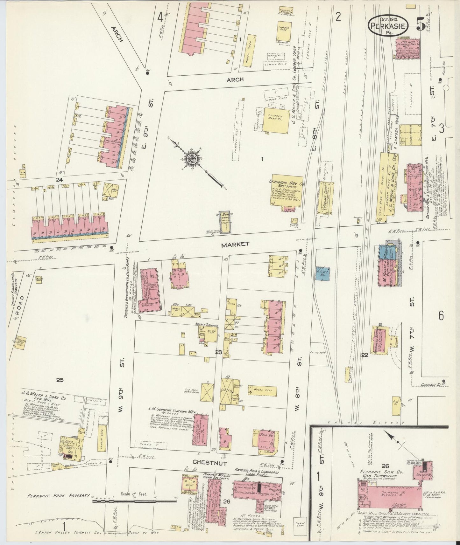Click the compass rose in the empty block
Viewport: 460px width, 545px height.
tap(194, 159)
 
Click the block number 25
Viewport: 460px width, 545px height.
tap(60, 380)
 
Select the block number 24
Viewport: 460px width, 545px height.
tap(59, 180)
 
